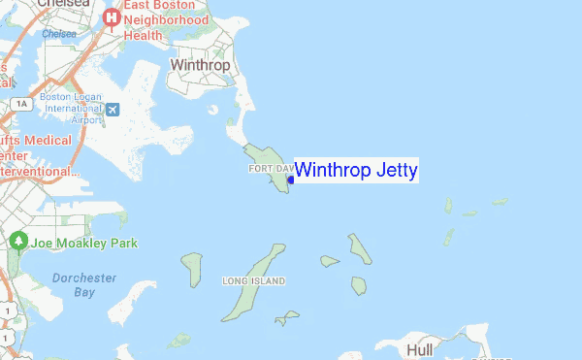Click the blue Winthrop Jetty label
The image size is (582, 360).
pyautogui.click(x=355, y=171)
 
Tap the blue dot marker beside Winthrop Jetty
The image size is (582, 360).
pyautogui.click(x=291, y=178)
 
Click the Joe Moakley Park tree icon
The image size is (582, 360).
pyautogui.click(x=17, y=241)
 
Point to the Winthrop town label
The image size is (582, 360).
pyautogui.click(x=200, y=66)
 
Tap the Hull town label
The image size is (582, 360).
pyautogui.click(x=422, y=348)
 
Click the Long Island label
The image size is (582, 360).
pyautogui.click(x=253, y=281)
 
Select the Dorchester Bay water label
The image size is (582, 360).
pyautogui.click(x=84, y=284)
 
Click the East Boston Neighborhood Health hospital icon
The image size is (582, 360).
pyautogui.click(x=113, y=16)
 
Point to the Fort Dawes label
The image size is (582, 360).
pyautogui.click(x=271, y=169)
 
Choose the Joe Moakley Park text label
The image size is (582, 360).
pyautogui.click(x=83, y=242)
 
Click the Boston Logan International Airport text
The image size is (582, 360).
pyautogui.click(x=72, y=109)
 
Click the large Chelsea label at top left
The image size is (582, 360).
pyautogui.click(x=63, y=4)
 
